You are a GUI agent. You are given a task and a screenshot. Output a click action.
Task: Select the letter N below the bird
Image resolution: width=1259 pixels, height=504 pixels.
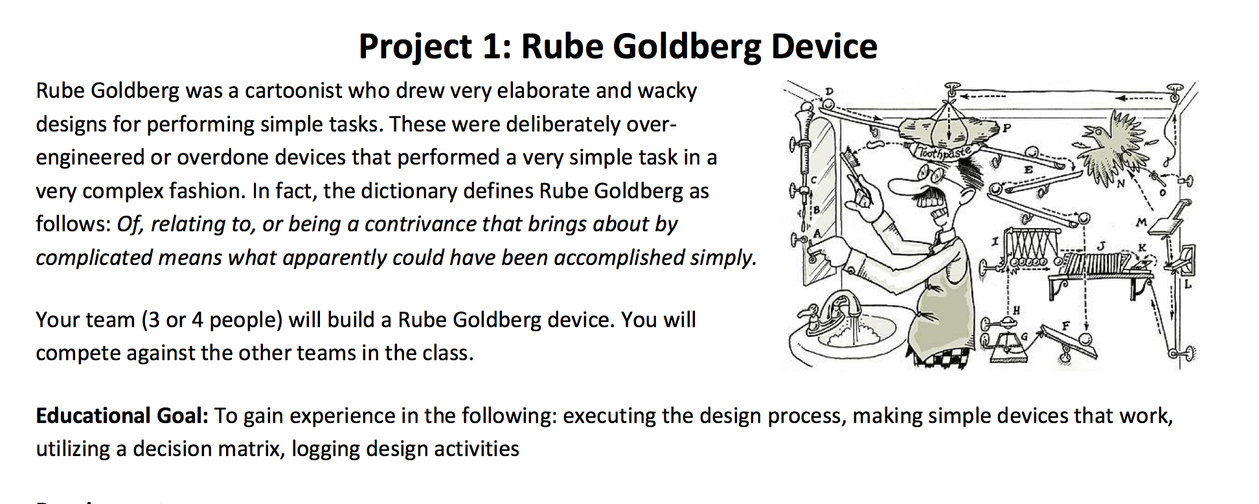click(x=1119, y=185)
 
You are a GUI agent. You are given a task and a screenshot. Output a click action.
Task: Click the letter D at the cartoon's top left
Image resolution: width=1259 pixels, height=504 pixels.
click(x=828, y=91)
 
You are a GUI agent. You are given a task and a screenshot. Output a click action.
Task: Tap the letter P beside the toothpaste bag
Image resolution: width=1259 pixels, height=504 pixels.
click(x=1006, y=128)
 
